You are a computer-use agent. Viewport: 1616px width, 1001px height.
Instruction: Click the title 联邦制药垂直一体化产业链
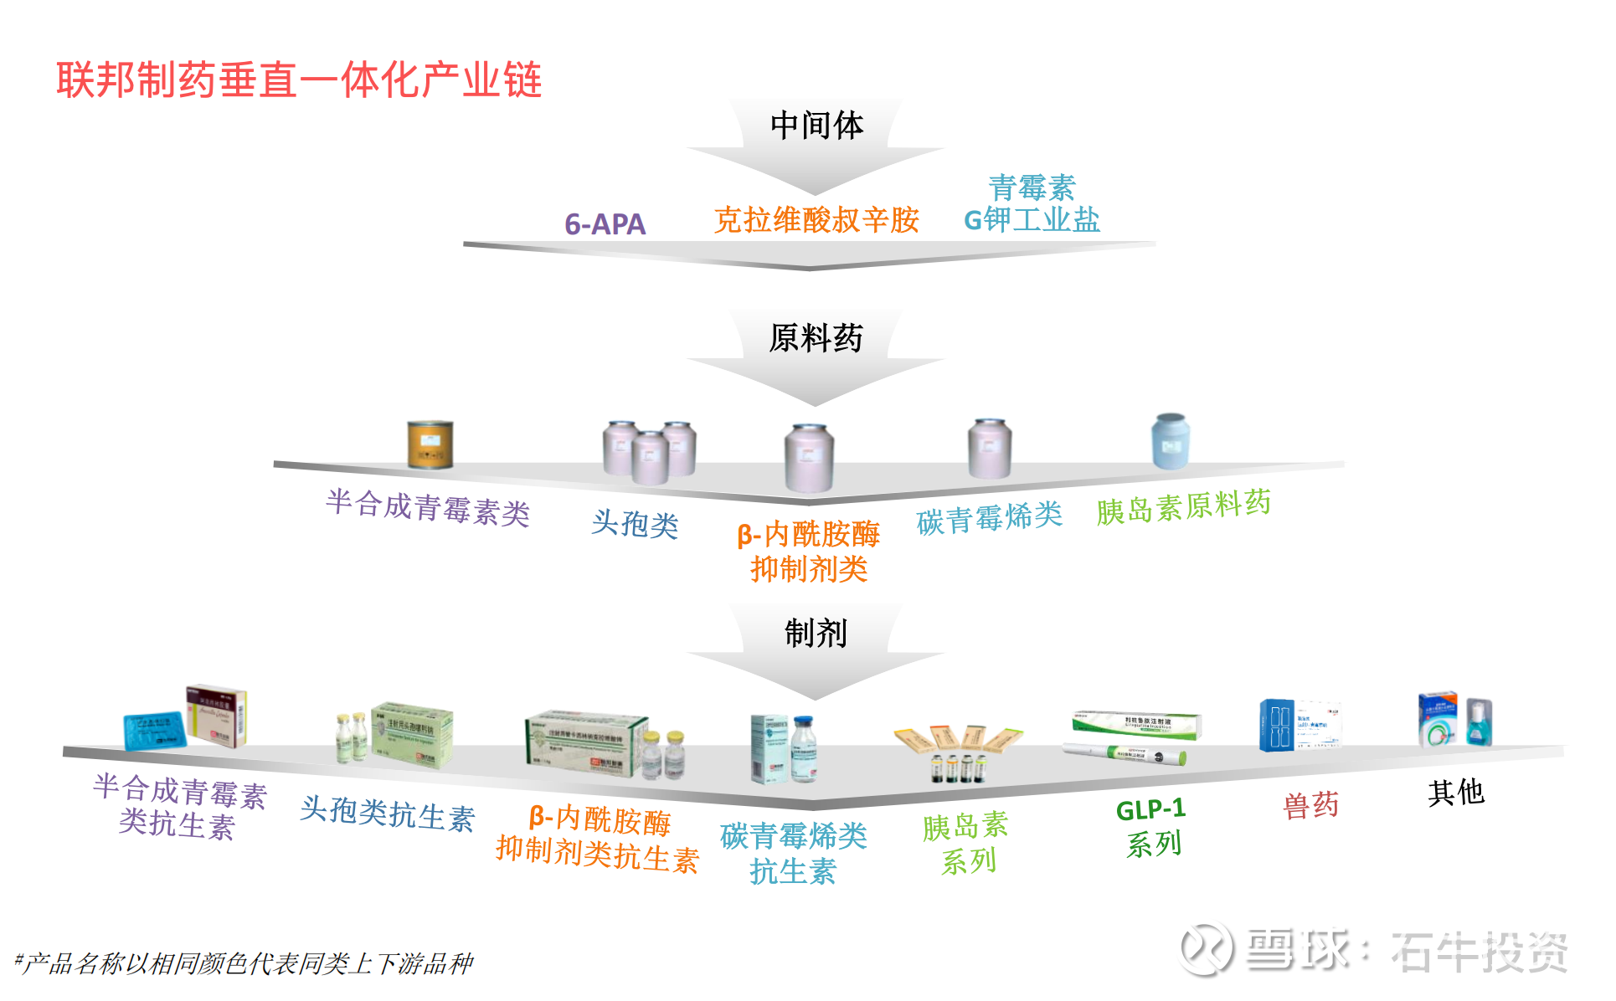pos(299,80)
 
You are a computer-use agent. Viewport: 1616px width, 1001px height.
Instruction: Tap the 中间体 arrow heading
pos(816,126)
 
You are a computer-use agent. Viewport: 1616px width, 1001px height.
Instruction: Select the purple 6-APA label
pos(605,224)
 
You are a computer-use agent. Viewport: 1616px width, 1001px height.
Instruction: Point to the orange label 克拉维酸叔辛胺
pos(816,220)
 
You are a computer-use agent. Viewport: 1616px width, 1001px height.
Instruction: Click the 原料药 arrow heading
pos(816,338)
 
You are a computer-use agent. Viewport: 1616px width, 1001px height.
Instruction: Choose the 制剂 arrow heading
pos(816,633)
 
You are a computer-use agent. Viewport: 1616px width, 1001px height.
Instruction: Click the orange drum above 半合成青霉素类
pos(430,444)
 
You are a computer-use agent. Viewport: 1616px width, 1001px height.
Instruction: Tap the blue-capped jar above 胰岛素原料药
pos(1171,440)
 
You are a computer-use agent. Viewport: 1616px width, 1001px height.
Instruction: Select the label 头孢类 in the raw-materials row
pos(635,524)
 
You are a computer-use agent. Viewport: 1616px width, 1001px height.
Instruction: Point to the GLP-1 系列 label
pos(1152,827)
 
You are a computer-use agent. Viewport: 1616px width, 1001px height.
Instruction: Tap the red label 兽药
pos(1310,805)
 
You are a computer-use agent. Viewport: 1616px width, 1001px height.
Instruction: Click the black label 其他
pos(1455,792)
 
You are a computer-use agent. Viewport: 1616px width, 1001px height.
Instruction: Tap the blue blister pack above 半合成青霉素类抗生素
pos(154,731)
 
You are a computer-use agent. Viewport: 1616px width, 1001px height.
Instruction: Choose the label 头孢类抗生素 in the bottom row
pos(387,814)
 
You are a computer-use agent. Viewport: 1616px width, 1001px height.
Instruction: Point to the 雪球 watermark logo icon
pos(1207,950)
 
